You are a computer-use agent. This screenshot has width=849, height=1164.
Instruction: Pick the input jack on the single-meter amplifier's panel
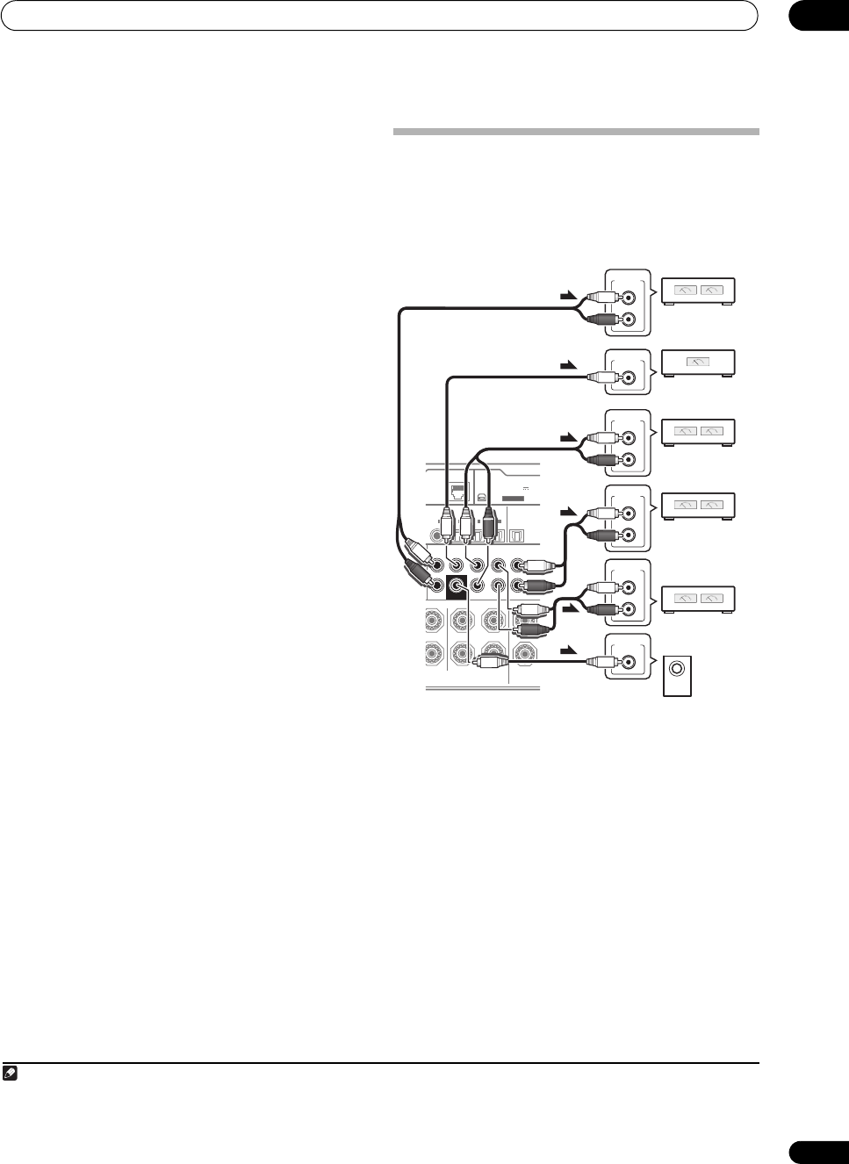pos(629,378)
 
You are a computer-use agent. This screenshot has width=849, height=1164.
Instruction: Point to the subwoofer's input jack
pos(629,664)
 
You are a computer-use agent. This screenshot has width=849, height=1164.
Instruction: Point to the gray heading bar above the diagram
pos(575,133)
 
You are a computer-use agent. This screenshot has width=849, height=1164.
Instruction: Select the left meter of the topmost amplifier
pos(685,290)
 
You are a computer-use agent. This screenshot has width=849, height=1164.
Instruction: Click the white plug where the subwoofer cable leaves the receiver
pos(490,664)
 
